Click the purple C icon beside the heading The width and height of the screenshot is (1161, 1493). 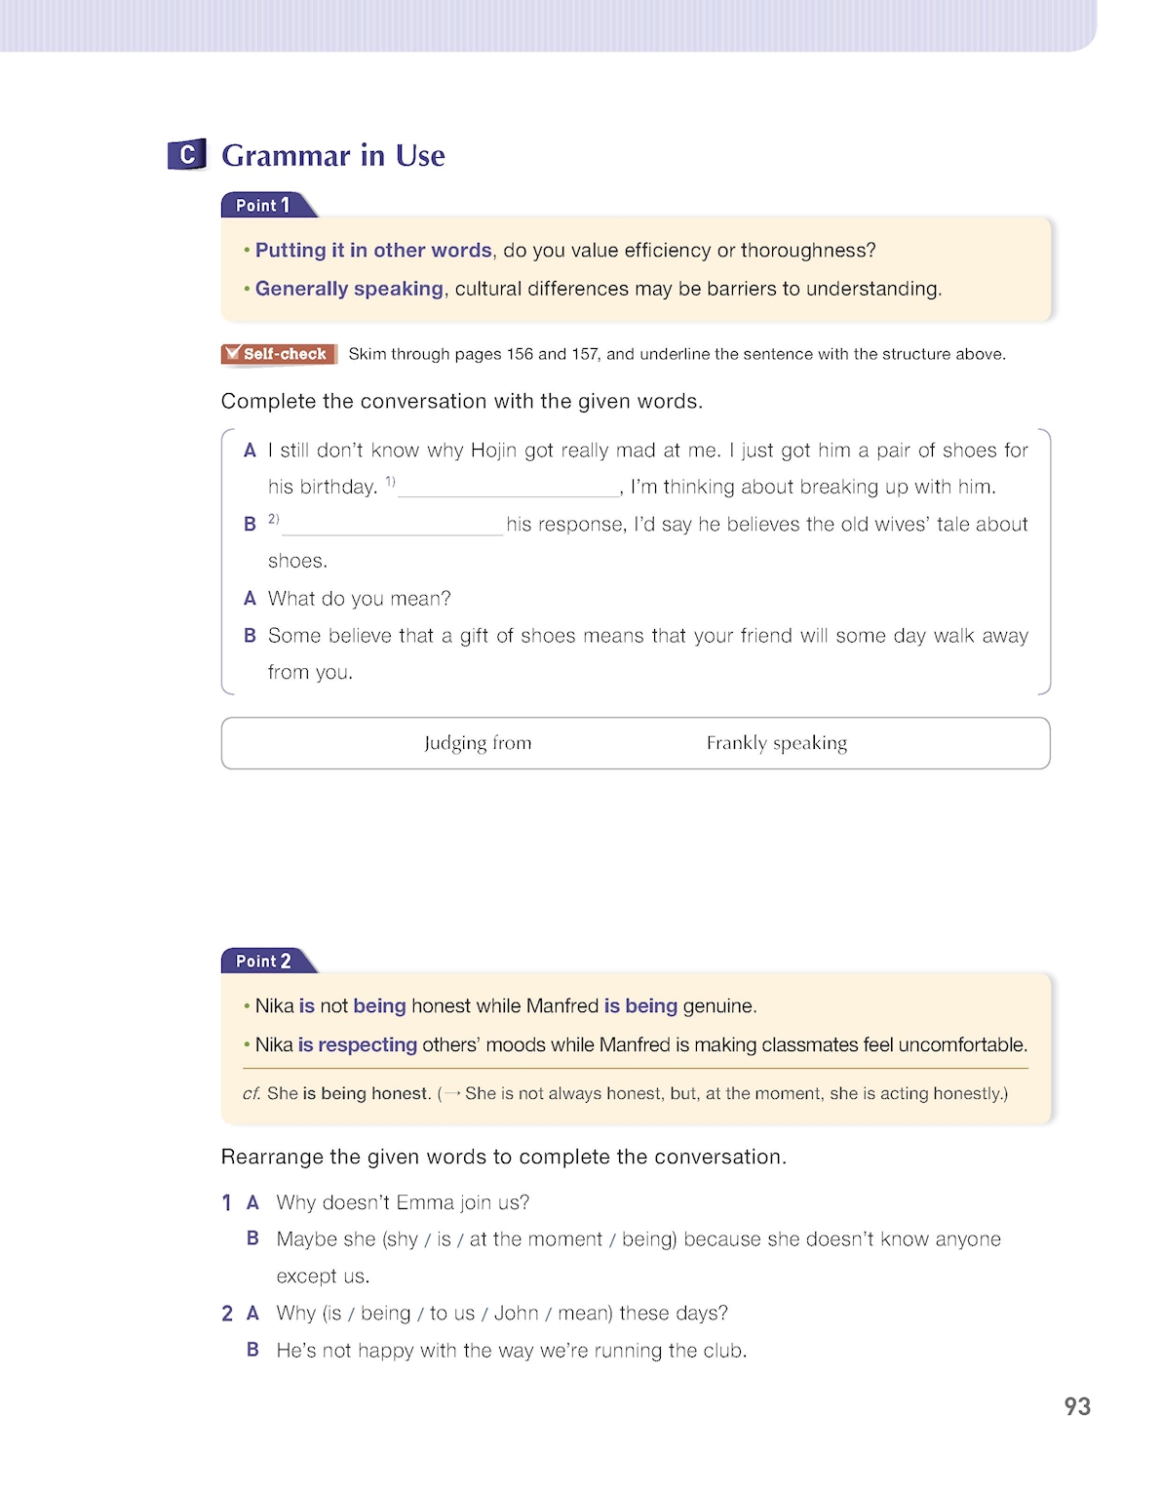[187, 154]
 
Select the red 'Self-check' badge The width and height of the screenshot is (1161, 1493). [279, 354]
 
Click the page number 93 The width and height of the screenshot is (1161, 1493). [1077, 1406]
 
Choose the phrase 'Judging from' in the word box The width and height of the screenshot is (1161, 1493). [478, 743]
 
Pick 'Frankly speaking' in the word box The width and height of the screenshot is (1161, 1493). [777, 743]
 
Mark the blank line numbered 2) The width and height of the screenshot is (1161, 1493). [392, 526]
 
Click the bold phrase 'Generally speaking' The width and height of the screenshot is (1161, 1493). [349, 289]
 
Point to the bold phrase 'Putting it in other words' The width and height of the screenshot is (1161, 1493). [373, 251]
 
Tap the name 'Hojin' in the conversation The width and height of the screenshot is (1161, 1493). [493, 451]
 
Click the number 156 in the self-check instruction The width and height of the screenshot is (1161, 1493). [520, 354]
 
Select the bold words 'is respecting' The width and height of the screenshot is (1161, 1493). [357, 1044]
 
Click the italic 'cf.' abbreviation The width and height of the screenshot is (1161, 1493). [252, 1094]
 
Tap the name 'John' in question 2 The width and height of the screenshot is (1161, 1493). [516, 1314]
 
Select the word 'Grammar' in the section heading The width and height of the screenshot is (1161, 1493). [286, 156]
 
